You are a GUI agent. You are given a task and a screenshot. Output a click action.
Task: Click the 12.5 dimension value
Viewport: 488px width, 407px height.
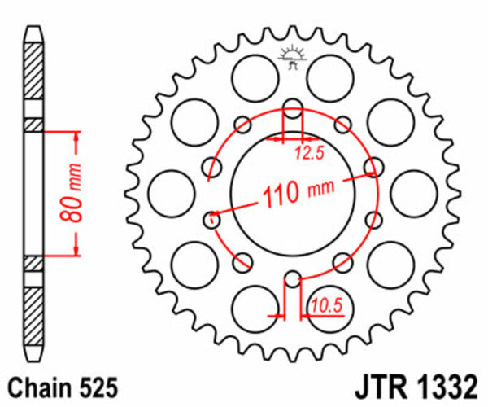(x=307, y=149)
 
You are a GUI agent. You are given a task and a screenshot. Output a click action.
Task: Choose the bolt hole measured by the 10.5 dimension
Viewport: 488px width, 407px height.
(x=293, y=281)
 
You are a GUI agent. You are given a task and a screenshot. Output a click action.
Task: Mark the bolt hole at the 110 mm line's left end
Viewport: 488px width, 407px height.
(x=213, y=217)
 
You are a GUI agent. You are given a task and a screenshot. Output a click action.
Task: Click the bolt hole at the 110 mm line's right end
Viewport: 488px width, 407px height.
(x=373, y=168)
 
